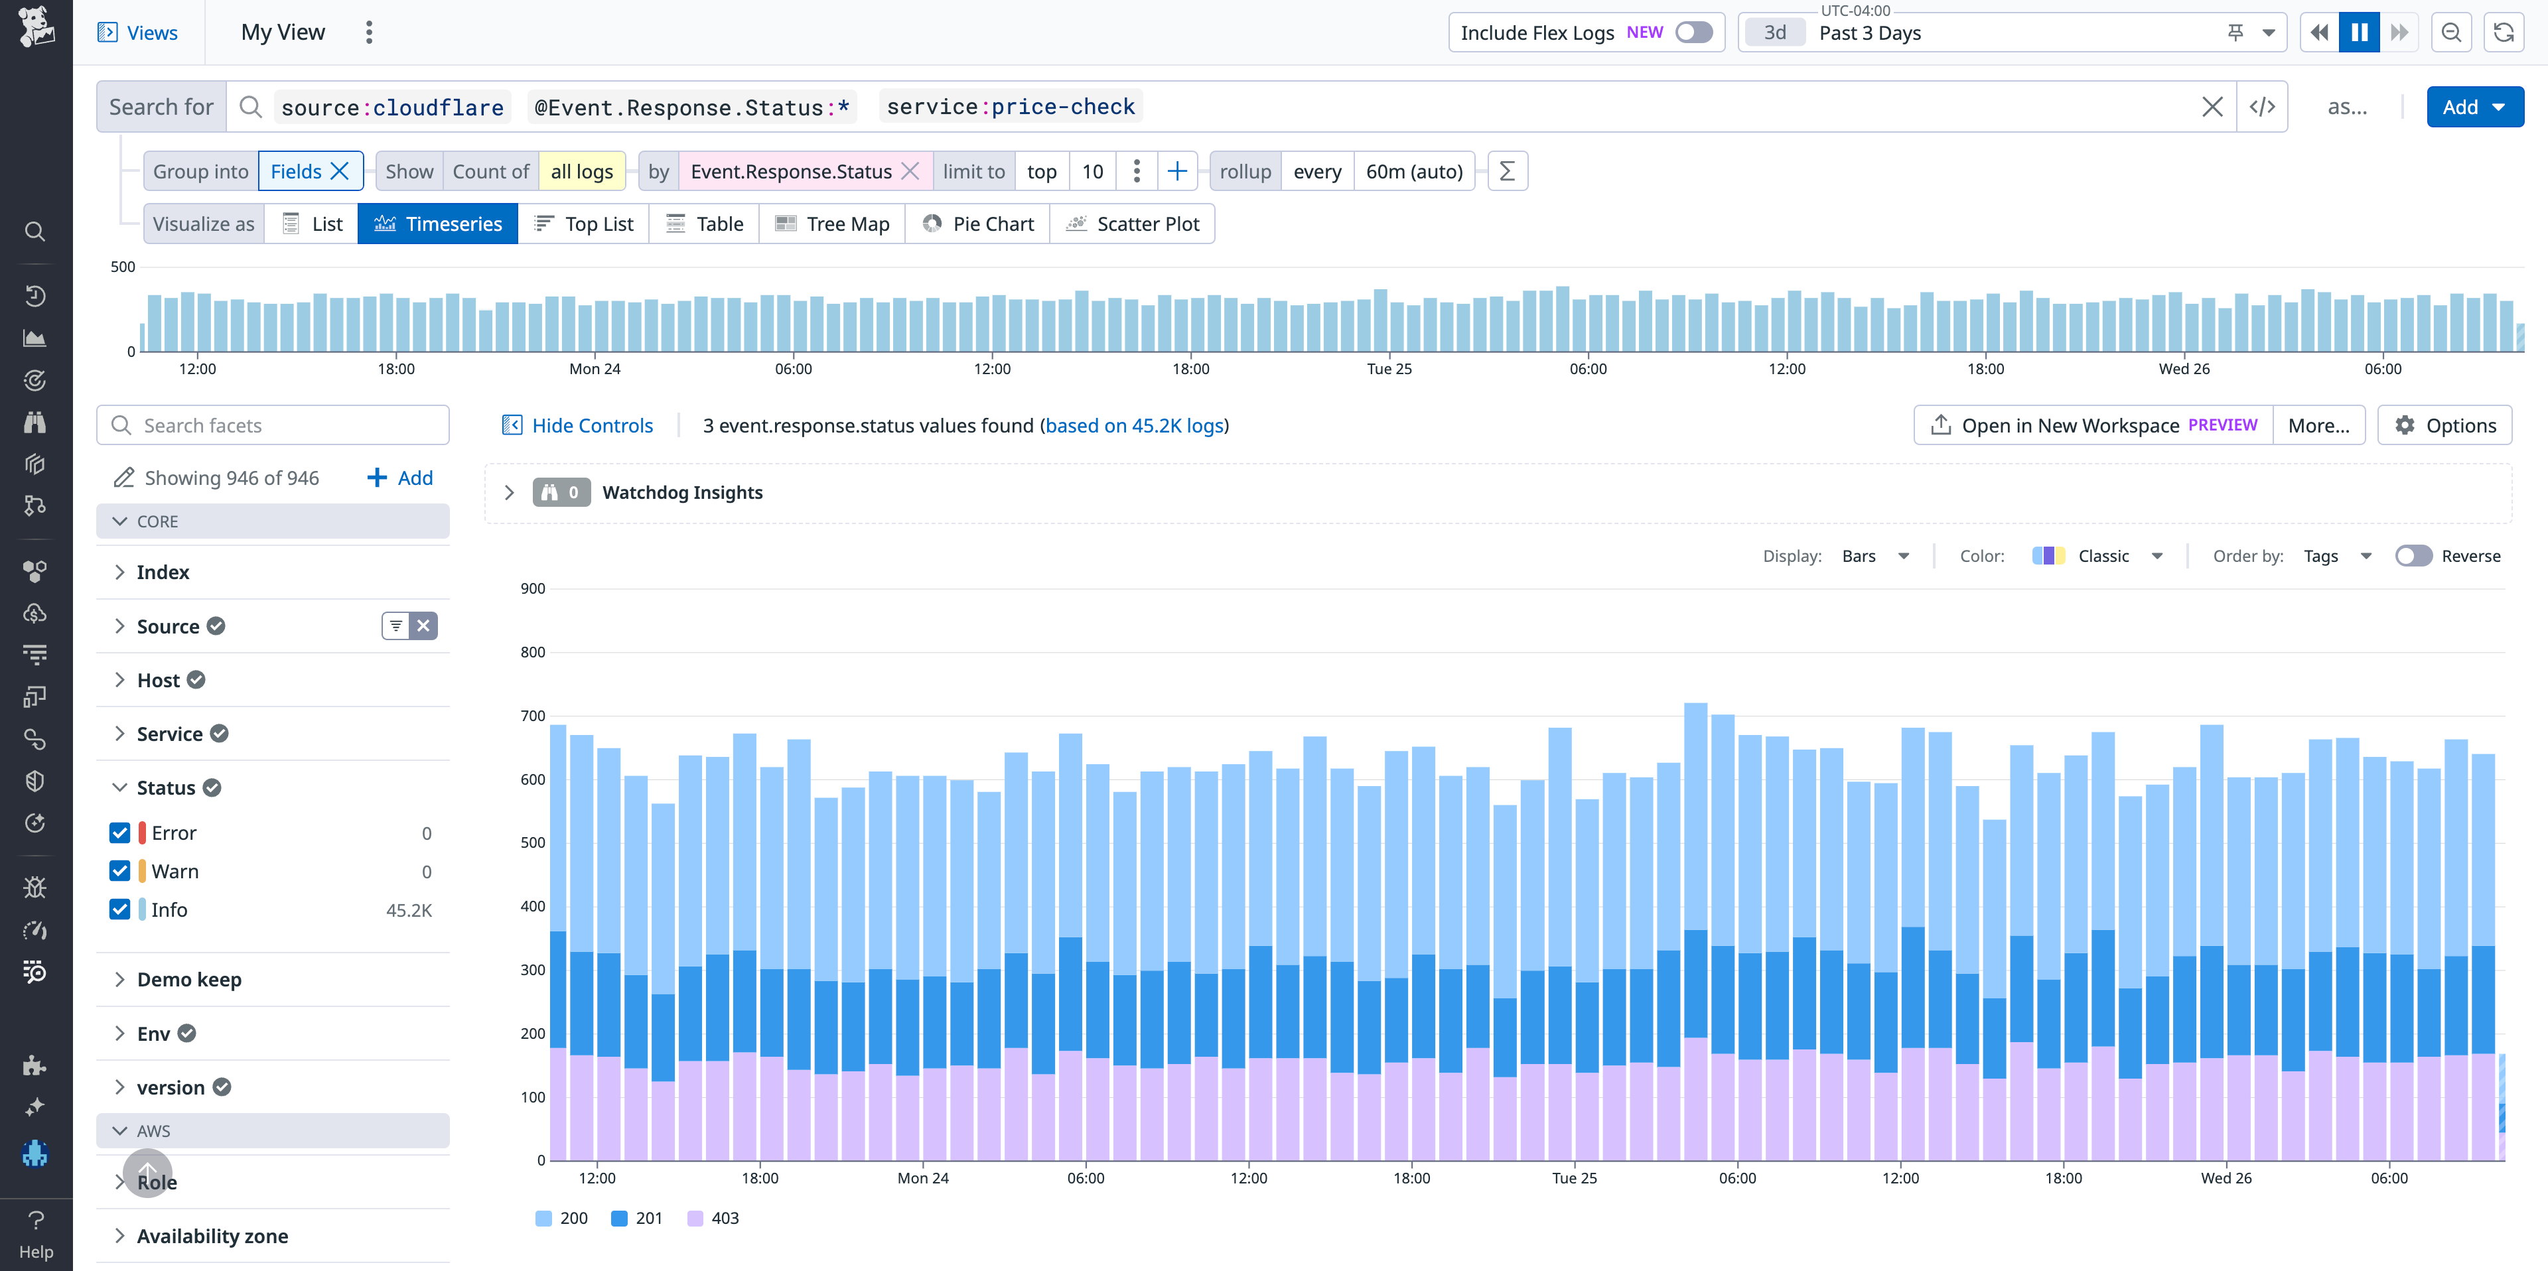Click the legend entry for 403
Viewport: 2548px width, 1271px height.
point(713,1217)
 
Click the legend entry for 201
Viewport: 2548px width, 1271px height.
point(637,1217)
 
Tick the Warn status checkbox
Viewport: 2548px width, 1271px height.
point(119,870)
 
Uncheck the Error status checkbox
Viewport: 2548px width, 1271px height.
point(119,832)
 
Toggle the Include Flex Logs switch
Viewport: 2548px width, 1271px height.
point(1693,33)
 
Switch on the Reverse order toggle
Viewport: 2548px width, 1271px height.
point(2413,556)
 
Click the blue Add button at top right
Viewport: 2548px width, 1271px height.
point(2473,107)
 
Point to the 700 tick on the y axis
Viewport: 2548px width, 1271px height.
point(532,715)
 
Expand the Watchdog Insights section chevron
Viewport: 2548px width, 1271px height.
point(510,493)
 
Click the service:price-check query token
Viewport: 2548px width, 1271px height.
point(1010,107)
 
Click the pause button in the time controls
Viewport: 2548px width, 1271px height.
point(2358,33)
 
